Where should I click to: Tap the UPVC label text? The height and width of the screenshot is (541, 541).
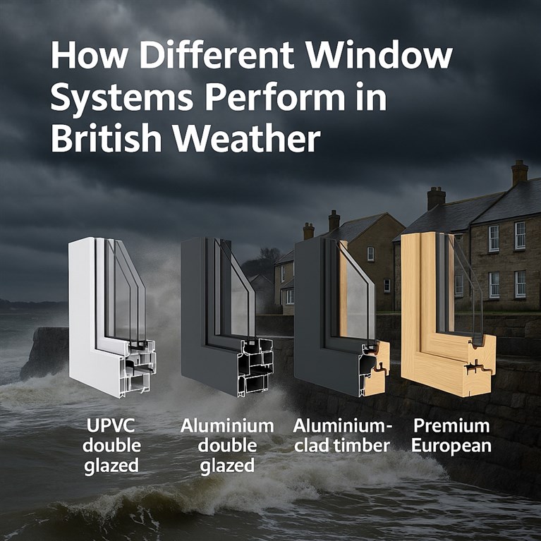point(111,426)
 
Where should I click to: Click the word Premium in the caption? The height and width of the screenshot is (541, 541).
point(451,427)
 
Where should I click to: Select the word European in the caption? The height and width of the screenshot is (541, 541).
point(451,446)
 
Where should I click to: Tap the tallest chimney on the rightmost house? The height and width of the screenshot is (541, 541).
point(519,173)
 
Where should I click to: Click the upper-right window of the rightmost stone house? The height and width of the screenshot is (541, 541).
point(520,236)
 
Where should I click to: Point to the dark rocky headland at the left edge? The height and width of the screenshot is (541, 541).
point(45,352)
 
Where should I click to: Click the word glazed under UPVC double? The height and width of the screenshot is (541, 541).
point(111,466)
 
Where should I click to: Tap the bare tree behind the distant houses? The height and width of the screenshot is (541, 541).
point(266,260)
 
